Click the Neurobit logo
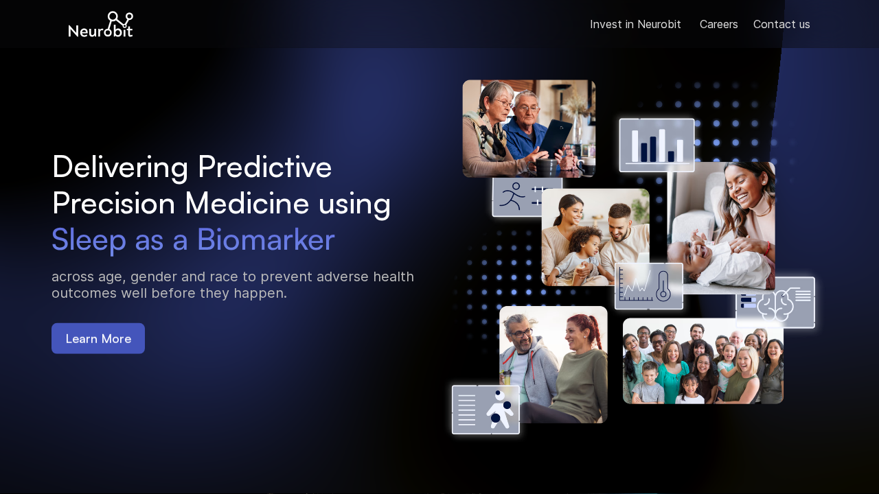coord(100,25)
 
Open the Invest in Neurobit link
coord(635,25)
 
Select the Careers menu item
coord(718,25)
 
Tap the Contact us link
coord(781,25)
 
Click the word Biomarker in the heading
coord(265,239)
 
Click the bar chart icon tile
coord(657,145)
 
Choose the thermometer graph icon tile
coord(648,285)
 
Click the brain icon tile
coord(775,303)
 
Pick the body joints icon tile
coord(486,410)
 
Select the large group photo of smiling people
coord(703,361)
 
